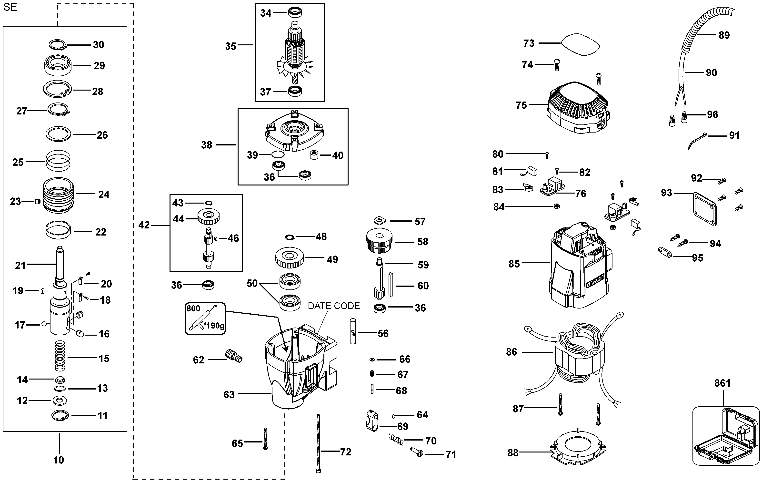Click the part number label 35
pos(231,46)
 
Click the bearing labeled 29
pos(58,66)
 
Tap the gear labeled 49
pos(290,257)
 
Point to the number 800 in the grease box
pos(193,308)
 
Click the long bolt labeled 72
pos(318,443)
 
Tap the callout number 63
pos(229,395)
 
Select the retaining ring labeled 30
pos(58,45)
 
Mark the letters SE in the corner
pos(10,7)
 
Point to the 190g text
pos(215,326)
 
